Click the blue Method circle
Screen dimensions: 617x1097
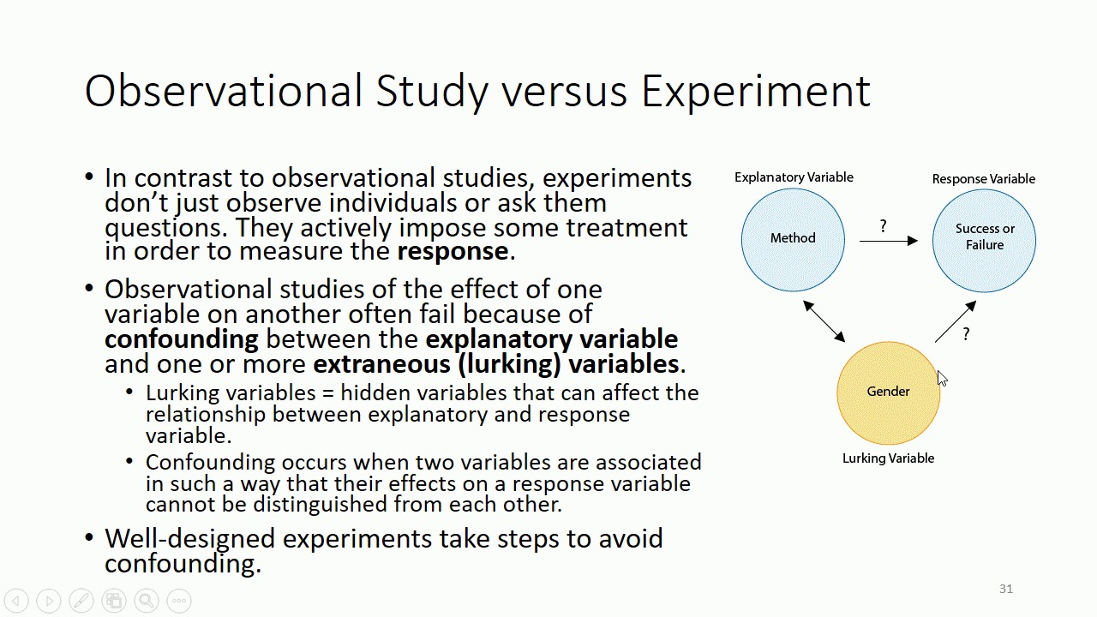point(793,239)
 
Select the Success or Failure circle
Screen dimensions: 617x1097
point(984,240)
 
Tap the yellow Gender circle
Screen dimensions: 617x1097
point(888,392)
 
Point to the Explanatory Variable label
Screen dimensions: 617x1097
point(794,177)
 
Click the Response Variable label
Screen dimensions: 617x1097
point(983,179)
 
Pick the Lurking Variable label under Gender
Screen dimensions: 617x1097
point(888,458)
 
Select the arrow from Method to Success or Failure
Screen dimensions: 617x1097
point(888,242)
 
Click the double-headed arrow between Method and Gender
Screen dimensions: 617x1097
point(824,321)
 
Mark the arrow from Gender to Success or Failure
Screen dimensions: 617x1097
point(955,322)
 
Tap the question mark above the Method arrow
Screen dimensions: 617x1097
point(883,226)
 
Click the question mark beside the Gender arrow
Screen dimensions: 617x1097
point(966,334)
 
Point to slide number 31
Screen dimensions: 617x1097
point(1005,589)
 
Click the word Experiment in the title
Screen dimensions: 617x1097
point(755,91)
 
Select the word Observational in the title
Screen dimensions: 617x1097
point(224,91)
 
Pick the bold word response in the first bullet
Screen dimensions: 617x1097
point(453,251)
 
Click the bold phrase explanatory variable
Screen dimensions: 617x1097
point(551,338)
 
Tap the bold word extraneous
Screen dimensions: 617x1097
point(381,364)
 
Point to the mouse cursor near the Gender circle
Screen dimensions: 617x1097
point(942,379)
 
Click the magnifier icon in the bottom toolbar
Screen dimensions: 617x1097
point(147,601)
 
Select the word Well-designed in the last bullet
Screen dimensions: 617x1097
point(189,539)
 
